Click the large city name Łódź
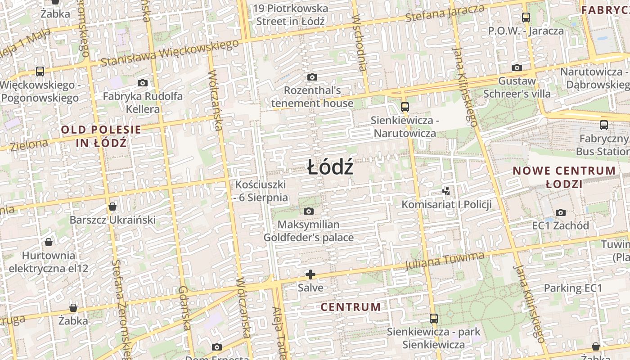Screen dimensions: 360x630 [x=330, y=168]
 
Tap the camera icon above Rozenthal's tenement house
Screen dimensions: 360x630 [x=312, y=77]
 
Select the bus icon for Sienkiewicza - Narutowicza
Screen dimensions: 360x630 [x=405, y=107]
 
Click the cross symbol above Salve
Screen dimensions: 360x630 [x=310, y=274]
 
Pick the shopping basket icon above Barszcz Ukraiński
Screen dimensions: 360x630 [x=112, y=207]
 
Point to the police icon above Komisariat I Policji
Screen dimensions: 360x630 [x=446, y=191]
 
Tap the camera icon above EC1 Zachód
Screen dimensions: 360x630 [x=560, y=212]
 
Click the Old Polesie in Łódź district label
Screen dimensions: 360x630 [x=101, y=136]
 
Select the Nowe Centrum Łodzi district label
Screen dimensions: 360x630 [x=564, y=177]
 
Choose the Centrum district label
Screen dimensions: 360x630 [x=351, y=307]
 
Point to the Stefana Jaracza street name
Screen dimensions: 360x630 [x=445, y=13]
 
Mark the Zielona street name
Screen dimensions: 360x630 [x=29, y=145]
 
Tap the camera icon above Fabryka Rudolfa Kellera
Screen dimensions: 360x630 [x=143, y=83]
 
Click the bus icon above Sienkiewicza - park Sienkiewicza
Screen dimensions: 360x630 [x=433, y=318]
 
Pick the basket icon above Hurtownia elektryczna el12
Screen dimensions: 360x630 [x=49, y=243]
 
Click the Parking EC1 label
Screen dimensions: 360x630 [x=573, y=288]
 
